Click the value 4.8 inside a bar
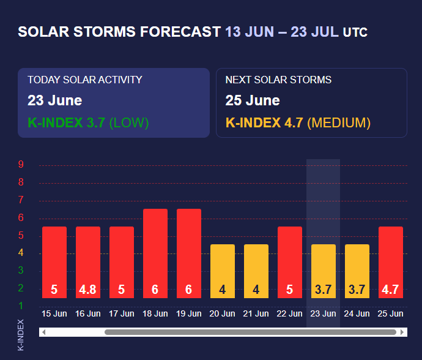click(88, 290)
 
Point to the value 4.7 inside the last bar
click(391, 290)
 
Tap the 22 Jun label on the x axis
click(290, 313)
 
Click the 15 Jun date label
click(54, 313)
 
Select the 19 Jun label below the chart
click(189, 313)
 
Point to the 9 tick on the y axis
click(21, 165)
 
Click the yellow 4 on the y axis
click(21, 253)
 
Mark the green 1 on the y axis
click(21, 306)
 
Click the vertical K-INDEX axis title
click(21, 335)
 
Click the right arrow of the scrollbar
click(402, 332)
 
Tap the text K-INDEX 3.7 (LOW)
click(88, 122)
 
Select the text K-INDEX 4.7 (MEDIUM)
click(298, 122)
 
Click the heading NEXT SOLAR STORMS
click(278, 80)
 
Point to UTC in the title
click(355, 32)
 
